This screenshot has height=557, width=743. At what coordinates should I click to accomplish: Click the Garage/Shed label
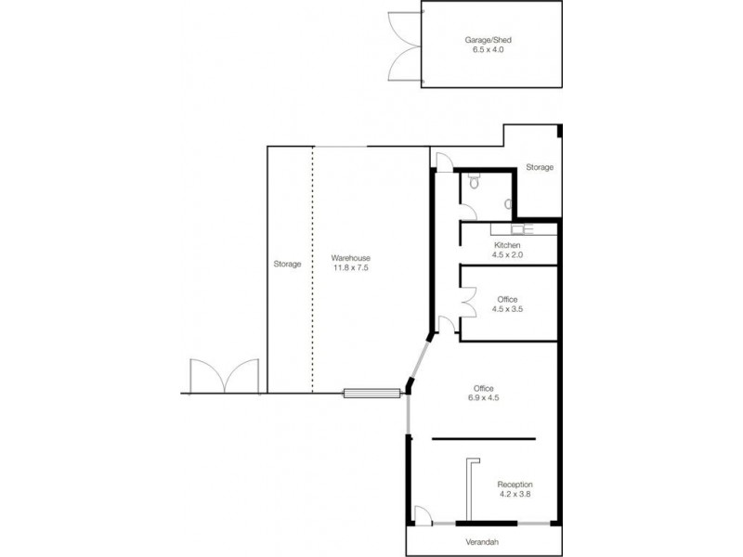491,40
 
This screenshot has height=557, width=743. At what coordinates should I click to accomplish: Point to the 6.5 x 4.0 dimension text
491,50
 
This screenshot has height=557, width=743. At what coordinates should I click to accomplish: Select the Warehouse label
352,257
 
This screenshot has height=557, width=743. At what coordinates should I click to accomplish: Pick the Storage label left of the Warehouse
287,264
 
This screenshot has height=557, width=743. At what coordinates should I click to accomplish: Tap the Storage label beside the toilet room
540,167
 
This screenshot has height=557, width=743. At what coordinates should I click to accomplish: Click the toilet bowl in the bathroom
475,182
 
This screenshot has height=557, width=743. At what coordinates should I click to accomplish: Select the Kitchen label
507,244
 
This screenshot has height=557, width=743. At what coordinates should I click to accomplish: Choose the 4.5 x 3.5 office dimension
507,309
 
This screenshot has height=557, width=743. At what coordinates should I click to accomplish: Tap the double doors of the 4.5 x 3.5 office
470,299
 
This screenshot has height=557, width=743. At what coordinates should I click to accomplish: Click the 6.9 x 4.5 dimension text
483,399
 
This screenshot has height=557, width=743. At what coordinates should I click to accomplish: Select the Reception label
515,485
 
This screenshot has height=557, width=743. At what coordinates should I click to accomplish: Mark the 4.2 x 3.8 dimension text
515,495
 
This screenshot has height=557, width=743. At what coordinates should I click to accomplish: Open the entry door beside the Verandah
421,516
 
